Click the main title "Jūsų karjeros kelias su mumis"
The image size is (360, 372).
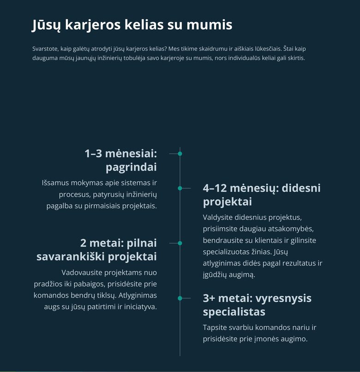point(132,25)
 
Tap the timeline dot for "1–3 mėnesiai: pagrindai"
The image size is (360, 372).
point(180,153)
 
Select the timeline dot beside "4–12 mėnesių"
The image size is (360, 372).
point(180,188)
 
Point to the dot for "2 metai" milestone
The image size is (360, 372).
point(180,243)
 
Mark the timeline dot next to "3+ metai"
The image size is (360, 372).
point(180,298)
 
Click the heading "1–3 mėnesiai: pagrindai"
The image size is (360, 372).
point(121,160)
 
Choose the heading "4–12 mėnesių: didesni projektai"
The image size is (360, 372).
point(261,195)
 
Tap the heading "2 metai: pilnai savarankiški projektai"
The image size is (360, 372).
point(96,250)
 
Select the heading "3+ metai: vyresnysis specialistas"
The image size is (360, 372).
point(257,305)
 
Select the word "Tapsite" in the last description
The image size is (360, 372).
point(215,328)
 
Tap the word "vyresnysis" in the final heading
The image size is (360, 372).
point(284,298)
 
